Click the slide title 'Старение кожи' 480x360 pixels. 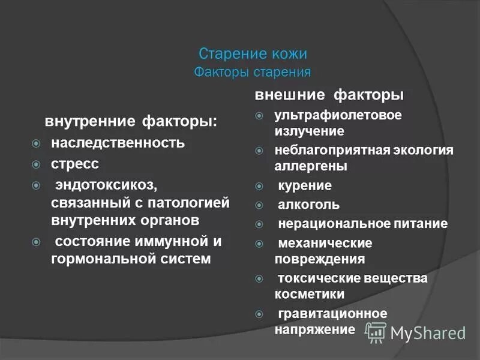253,54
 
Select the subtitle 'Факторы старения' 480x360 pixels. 253,73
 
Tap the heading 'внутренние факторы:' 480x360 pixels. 131,122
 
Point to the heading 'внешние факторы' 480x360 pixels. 329,95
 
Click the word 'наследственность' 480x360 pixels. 118,144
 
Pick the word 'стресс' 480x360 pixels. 75,163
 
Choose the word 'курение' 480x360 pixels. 305,185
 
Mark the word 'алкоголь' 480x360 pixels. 309,205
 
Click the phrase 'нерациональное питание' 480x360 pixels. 362,224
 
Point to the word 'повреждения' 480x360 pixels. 320,259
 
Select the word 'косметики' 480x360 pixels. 310,294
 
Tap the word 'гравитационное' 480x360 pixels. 332,313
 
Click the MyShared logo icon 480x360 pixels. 376,331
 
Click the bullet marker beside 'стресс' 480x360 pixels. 37,164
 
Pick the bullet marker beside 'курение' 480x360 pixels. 259,186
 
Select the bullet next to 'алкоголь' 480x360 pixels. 259,205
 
